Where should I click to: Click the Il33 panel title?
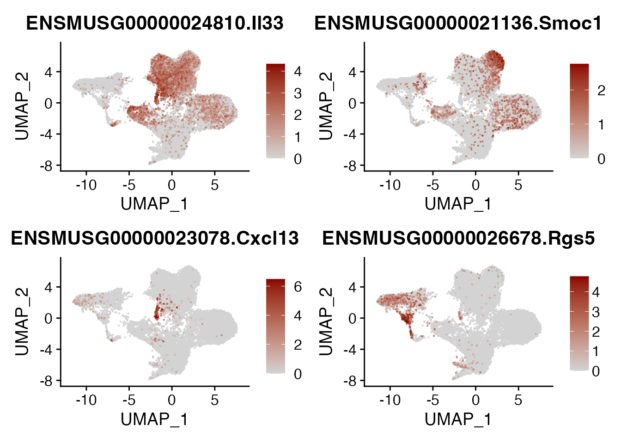(x=155, y=23)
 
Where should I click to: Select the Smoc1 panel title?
(x=458, y=23)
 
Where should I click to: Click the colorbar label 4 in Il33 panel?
(x=298, y=72)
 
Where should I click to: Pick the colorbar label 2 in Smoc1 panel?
(x=601, y=90)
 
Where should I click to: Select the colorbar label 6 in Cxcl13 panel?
(x=298, y=287)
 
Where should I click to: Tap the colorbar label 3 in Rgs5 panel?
(x=596, y=312)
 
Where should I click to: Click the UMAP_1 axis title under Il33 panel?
(x=154, y=203)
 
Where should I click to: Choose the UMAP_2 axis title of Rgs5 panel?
(x=326, y=321)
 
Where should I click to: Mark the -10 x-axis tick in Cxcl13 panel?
(x=86, y=400)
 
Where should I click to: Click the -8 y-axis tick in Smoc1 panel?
(x=352, y=166)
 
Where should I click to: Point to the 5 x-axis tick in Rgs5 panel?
(x=518, y=400)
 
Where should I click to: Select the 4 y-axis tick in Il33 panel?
(x=49, y=72)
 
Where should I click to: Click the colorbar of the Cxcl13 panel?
(x=275, y=326)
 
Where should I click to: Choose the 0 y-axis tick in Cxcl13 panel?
(x=49, y=318)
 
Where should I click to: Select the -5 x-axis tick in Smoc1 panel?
(x=433, y=185)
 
